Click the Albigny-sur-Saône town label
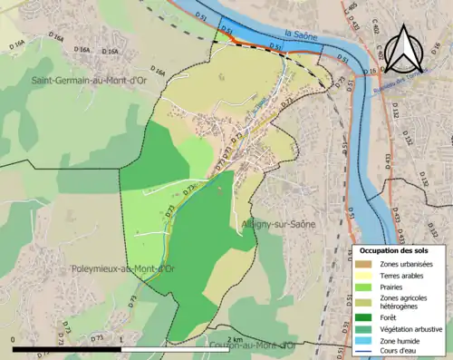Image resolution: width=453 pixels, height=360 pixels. click(275, 223)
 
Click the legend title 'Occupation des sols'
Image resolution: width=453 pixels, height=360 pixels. click(400, 249)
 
